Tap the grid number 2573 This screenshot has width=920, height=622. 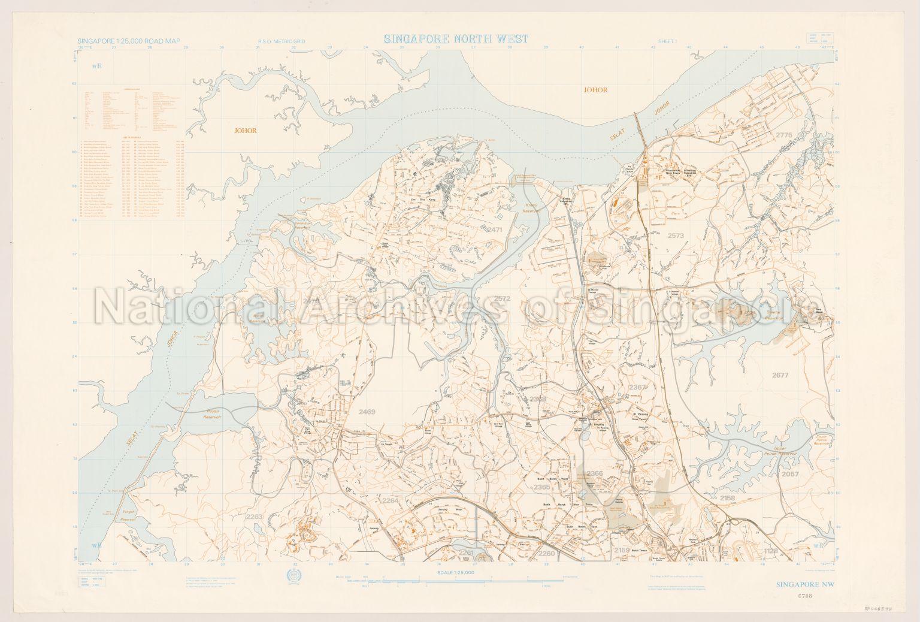click(x=675, y=235)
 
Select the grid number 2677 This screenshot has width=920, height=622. click(x=780, y=376)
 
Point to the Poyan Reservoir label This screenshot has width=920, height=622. click(x=214, y=414)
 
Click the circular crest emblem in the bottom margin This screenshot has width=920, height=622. click(x=294, y=577)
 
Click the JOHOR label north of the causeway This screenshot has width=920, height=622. click(x=595, y=90)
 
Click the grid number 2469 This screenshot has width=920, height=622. click(x=367, y=412)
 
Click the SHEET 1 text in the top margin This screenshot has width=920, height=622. click(x=667, y=41)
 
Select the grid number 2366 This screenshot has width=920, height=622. click(x=595, y=473)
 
